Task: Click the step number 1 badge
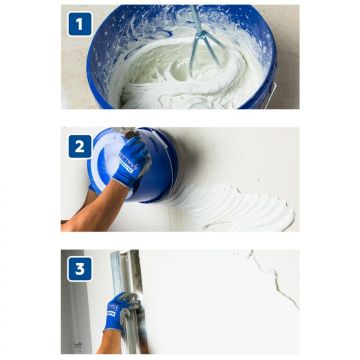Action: tap(80, 24)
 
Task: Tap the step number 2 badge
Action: tap(80, 146)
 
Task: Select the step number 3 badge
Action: tap(80, 269)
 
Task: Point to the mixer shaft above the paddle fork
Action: tap(197, 18)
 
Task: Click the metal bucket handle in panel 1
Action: tap(273, 95)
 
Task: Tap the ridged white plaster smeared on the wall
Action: tap(233, 207)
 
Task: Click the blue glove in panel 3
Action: tap(118, 312)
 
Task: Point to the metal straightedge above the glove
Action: tap(127, 272)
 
